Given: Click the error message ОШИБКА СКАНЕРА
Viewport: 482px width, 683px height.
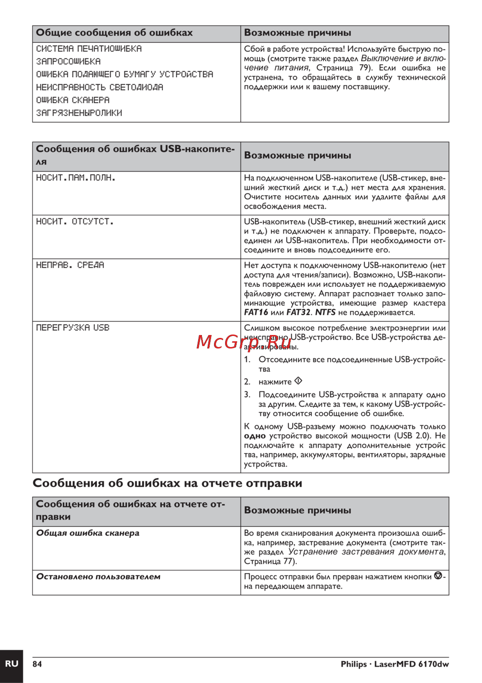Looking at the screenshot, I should pos(73,100).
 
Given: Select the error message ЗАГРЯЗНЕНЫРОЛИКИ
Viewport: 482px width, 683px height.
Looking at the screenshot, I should pos(79,113).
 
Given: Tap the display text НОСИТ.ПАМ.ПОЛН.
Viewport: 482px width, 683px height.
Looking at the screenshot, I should pos(76,178).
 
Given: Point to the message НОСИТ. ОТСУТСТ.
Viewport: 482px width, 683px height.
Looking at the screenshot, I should pos(75,222).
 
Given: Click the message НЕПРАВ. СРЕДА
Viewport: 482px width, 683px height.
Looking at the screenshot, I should pos(70,265).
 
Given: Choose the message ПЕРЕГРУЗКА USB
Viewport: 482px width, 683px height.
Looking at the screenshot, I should pos(73,328).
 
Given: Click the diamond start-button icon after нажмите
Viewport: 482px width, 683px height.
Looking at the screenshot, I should pos(298,381).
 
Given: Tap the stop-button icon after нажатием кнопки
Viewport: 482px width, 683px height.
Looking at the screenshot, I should pos(438,576).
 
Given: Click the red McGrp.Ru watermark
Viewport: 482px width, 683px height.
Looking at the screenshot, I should pos(244,342).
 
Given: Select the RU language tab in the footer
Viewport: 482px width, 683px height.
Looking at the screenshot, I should pos(12,664).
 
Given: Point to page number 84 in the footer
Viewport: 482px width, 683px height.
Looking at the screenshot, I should pos(37,664).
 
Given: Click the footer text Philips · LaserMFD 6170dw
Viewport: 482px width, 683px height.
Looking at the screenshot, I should pos(394,664).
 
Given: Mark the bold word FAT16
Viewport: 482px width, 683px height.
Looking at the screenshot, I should pos(255,312).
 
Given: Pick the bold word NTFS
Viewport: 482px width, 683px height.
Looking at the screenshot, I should pos(325,312).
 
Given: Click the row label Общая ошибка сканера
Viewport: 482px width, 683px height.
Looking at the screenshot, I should pos(88,533).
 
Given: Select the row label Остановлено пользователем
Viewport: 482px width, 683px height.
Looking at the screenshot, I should pos(98,576).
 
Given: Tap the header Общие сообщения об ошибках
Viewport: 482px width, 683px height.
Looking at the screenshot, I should pos(114,33).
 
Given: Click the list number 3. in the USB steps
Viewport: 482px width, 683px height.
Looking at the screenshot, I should pos(247,394).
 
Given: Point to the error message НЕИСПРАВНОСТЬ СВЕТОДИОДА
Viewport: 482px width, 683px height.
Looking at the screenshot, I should pos(100,87).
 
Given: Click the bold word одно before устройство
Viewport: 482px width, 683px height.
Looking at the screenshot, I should pos(254,436).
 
